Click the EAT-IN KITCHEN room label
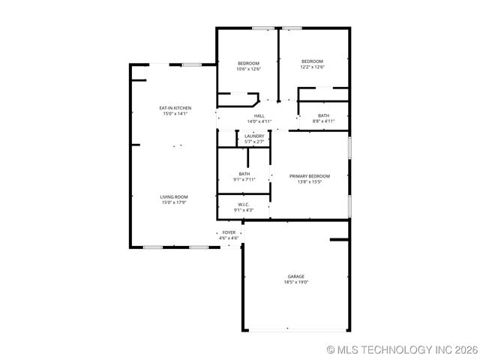pyautogui.click(x=175, y=108)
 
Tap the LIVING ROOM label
pyautogui.click(x=174, y=196)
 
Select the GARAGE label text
pyautogui.click(x=296, y=276)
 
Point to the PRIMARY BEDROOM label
pyautogui.click(x=310, y=176)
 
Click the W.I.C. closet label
pyautogui.click(x=244, y=204)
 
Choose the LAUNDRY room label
pyautogui.click(x=254, y=136)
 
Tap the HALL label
pyautogui.click(x=259, y=115)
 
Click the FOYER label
pyautogui.click(x=229, y=232)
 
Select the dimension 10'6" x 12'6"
pyautogui.click(x=249, y=68)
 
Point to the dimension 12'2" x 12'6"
pyautogui.click(x=312, y=67)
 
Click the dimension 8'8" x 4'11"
pyautogui.click(x=323, y=121)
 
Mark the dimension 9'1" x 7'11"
pyautogui.click(x=244, y=179)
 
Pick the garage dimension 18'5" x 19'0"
pyautogui.click(x=296, y=282)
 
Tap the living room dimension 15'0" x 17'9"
pyautogui.click(x=174, y=202)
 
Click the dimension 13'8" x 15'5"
pyautogui.click(x=310, y=181)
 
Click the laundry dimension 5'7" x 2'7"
pyautogui.click(x=254, y=142)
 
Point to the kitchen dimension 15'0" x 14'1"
pyautogui.click(x=175, y=114)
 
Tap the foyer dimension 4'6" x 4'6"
pyautogui.click(x=229, y=238)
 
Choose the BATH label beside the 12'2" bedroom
pyautogui.click(x=323, y=115)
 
